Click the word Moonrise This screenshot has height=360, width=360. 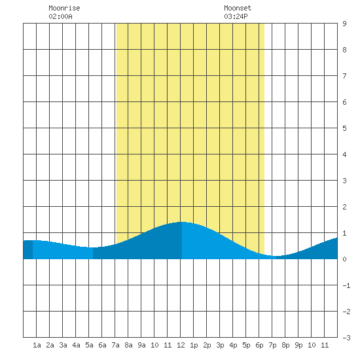[64, 8]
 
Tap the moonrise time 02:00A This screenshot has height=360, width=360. [60, 16]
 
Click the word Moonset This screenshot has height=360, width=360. [238, 8]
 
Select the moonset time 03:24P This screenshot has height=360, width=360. [236, 16]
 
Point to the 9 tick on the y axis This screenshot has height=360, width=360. [344, 24]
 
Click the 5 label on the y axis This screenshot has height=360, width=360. [344, 128]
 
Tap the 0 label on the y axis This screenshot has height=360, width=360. [344, 259]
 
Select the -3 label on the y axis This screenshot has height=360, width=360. [346, 338]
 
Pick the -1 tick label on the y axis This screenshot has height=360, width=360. [346, 285]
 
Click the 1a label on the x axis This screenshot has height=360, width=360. [37, 345]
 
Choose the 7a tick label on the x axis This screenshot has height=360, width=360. [115, 345]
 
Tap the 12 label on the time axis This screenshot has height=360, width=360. [181, 345]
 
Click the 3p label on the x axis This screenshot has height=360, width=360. [220, 345]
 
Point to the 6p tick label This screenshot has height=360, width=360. [259, 345]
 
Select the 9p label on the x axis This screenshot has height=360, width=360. [298, 345]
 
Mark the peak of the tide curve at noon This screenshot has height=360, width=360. [181, 222]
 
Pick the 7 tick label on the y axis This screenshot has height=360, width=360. [344, 76]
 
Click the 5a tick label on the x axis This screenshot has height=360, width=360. [89, 345]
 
